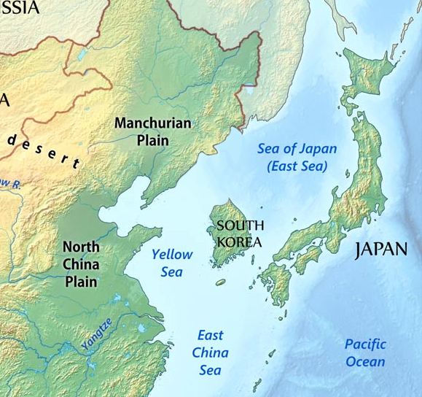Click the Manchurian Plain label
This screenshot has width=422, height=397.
(152, 131)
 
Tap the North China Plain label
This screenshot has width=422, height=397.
(81, 263)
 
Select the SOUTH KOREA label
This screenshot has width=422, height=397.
(240, 234)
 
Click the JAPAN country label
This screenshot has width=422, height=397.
(380, 250)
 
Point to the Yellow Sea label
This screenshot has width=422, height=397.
(172, 263)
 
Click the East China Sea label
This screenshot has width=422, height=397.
(210, 353)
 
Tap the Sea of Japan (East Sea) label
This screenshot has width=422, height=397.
(297, 157)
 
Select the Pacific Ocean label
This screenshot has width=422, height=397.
(366, 352)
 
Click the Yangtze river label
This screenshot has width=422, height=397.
(97, 335)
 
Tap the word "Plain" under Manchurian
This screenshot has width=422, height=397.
(152, 139)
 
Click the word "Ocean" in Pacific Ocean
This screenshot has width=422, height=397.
(366, 361)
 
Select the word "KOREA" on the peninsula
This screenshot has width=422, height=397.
(240, 242)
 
